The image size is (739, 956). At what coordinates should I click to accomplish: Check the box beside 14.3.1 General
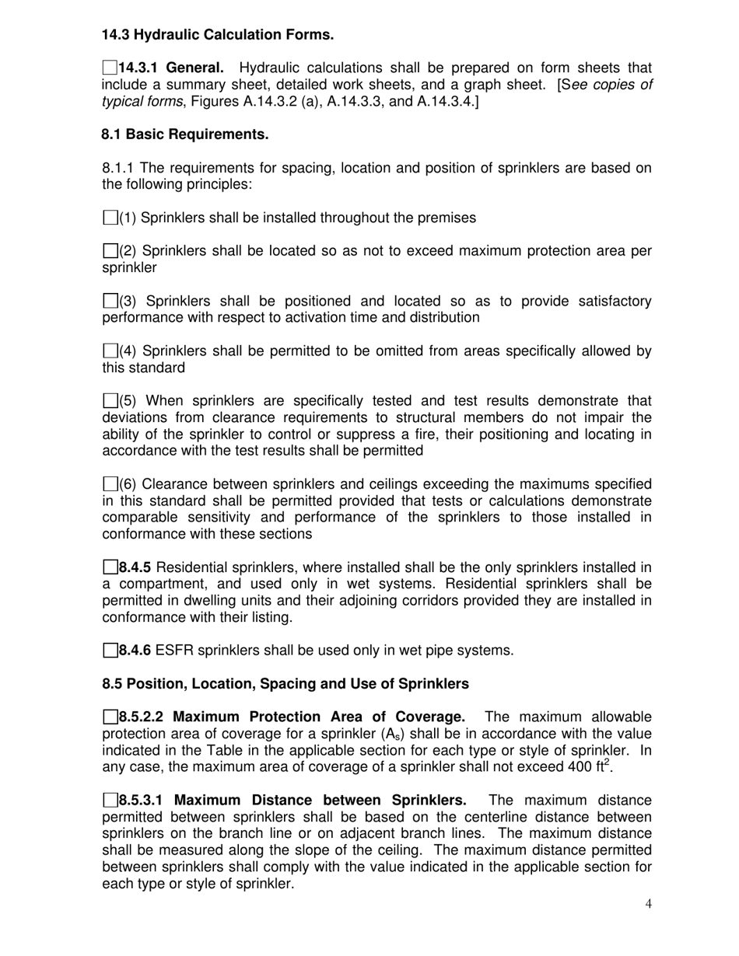(110, 68)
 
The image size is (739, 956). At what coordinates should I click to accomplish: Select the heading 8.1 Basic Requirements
(185, 134)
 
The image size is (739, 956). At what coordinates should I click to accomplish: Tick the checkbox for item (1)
(110, 218)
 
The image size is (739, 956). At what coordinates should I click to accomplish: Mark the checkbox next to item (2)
(110, 252)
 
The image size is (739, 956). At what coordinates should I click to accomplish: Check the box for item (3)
(110, 302)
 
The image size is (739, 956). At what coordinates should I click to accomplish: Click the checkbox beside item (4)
(110, 351)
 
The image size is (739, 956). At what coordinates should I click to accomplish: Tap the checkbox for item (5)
(110, 402)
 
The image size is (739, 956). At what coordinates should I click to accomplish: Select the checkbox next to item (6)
(110, 485)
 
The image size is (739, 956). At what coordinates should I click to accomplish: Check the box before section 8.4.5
(110, 568)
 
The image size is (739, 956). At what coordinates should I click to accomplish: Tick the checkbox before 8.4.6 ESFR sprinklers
(110, 651)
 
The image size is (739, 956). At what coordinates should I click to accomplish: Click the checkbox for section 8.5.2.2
(110, 717)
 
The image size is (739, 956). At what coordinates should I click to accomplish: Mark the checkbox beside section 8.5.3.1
(110, 801)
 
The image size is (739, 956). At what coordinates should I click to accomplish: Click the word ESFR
(174, 651)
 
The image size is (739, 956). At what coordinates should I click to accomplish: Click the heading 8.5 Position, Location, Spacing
(285, 684)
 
